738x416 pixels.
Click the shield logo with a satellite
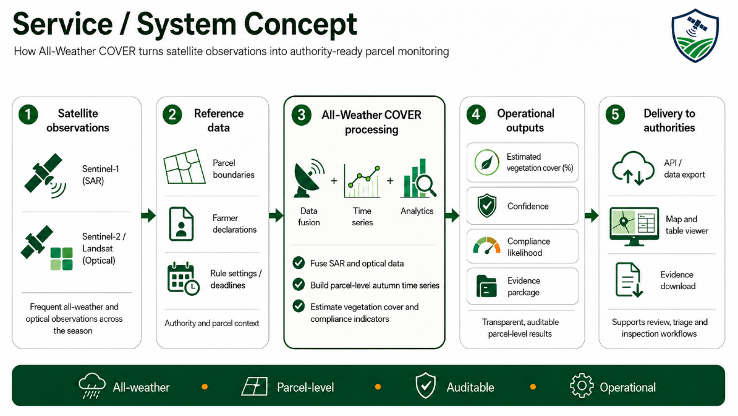point(695,35)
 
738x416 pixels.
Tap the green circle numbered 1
point(28,115)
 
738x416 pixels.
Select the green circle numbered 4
point(476,115)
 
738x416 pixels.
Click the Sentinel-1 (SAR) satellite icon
point(45,175)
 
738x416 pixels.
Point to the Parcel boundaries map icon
point(184,167)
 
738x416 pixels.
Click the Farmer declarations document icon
point(181,224)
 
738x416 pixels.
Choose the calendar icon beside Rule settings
point(183,279)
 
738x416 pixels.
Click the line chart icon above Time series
point(362,181)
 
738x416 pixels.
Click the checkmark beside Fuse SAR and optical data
point(299,262)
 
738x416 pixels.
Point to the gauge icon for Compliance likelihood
point(486,246)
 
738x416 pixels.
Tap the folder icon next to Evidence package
point(486,286)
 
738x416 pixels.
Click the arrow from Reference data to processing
point(276,216)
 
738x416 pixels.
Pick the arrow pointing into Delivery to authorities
point(592,216)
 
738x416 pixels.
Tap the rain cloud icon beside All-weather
point(91,386)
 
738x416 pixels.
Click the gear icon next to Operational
point(582,386)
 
